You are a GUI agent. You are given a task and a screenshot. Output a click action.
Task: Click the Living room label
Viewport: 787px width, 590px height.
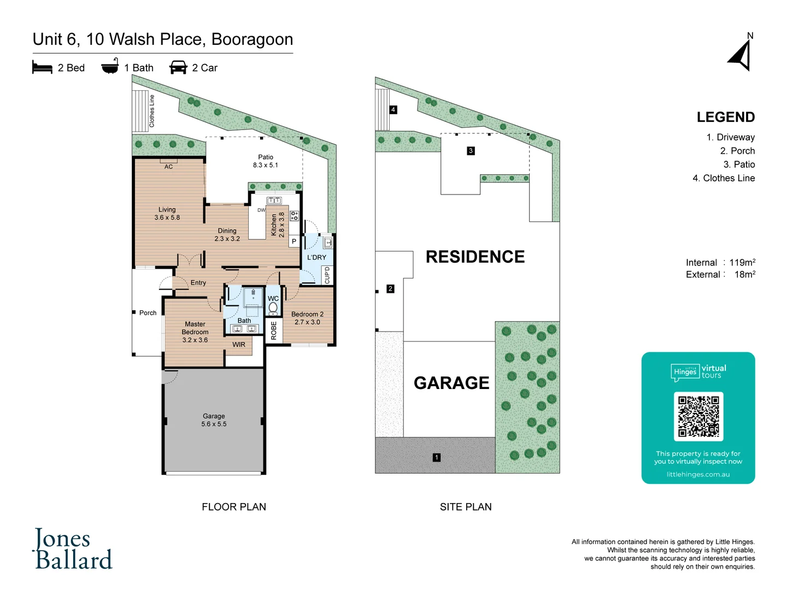pyautogui.click(x=167, y=214)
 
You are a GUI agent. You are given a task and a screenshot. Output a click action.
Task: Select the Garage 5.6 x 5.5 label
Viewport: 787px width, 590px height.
pyautogui.click(x=214, y=420)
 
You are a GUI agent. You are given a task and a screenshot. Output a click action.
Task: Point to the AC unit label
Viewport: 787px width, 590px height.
pyautogui.click(x=168, y=167)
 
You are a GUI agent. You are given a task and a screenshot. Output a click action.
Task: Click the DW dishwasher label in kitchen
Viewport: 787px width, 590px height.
pyautogui.click(x=261, y=210)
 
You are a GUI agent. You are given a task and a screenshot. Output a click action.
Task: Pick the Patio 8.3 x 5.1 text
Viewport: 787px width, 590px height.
pyautogui.click(x=266, y=161)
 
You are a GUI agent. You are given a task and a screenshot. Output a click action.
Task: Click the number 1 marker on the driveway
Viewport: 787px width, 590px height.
pyautogui.click(x=436, y=457)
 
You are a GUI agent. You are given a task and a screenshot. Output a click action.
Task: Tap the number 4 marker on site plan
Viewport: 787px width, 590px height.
pyautogui.click(x=393, y=110)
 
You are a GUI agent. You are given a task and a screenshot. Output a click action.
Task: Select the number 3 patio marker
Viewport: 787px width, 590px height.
pyautogui.click(x=471, y=151)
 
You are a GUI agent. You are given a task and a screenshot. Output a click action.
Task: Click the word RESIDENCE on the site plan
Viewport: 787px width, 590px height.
pyautogui.click(x=475, y=257)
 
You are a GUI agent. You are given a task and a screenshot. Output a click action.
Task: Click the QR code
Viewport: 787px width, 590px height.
pyautogui.click(x=698, y=416)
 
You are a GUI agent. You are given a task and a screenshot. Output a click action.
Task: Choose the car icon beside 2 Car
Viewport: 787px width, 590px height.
pyautogui.click(x=178, y=68)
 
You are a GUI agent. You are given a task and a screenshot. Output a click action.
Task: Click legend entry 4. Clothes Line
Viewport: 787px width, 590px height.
pyautogui.click(x=724, y=178)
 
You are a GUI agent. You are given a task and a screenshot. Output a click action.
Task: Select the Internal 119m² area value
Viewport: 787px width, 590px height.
pyautogui.click(x=742, y=263)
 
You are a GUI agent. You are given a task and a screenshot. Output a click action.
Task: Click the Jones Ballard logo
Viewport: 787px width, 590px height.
pyautogui.click(x=73, y=549)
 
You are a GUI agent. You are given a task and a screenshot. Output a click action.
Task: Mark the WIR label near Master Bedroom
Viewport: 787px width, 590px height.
pyautogui.click(x=239, y=345)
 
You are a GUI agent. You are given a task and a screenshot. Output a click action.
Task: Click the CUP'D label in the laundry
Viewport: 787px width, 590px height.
pyautogui.click(x=327, y=275)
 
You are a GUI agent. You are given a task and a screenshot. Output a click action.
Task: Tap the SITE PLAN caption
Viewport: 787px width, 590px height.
pyautogui.click(x=466, y=507)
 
